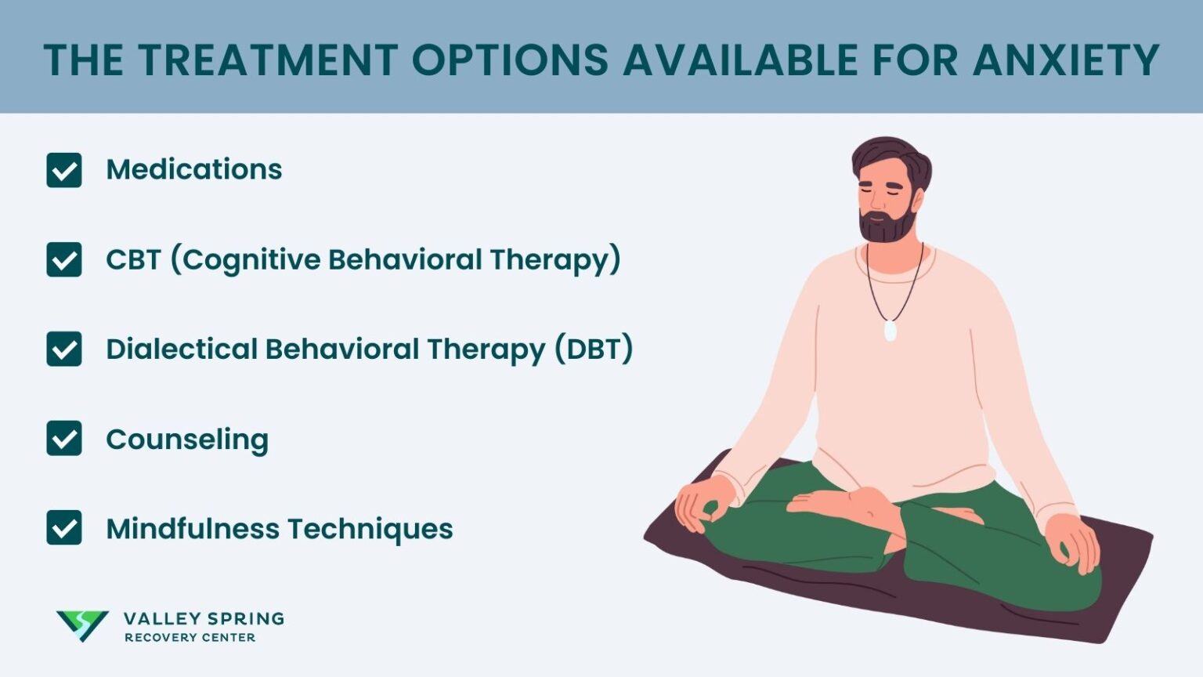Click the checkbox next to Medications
pyautogui.click(x=64, y=170)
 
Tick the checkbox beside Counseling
pyautogui.click(x=64, y=438)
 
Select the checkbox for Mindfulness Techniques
pyautogui.click(x=64, y=527)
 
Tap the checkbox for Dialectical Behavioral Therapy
pyautogui.click(x=64, y=349)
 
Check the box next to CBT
pyautogui.click(x=64, y=259)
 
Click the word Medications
pyautogui.click(x=194, y=169)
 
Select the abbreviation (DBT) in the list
pyautogui.click(x=594, y=349)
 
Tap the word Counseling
pyautogui.click(x=187, y=440)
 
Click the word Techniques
pyautogui.click(x=370, y=529)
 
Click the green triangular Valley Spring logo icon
pyautogui.click(x=82, y=625)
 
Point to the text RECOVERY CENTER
pyautogui.click(x=190, y=638)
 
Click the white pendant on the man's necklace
pyautogui.click(x=890, y=330)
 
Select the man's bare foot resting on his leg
pyautogui.click(x=844, y=506)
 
